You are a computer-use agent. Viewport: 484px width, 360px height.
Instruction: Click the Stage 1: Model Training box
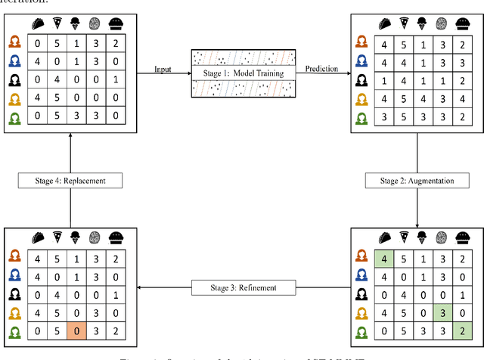(243, 74)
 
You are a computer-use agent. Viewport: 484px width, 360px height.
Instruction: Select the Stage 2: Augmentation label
(417, 182)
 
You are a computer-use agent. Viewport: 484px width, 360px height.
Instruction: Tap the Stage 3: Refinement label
(243, 287)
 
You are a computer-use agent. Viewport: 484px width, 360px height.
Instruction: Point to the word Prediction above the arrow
(321, 69)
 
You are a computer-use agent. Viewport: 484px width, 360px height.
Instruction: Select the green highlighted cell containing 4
(384, 259)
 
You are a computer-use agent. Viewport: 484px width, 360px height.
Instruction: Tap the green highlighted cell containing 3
(441, 312)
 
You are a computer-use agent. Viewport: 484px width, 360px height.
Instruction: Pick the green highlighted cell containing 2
(461, 330)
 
